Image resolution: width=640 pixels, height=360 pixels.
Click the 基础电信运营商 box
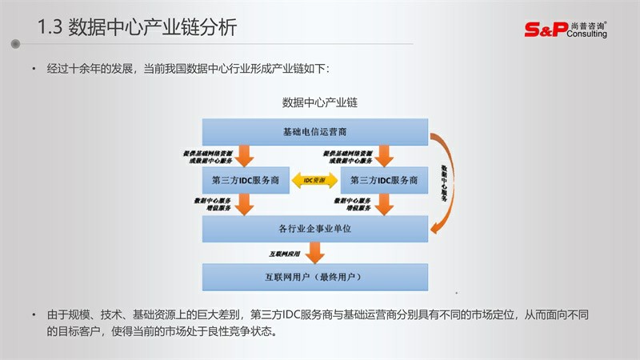[x=314, y=131]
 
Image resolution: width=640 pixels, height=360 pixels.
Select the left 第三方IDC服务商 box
[x=245, y=181]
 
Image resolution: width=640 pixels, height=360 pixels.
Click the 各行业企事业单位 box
[x=314, y=229]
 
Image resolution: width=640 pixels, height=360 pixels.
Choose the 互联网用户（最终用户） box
[x=314, y=277]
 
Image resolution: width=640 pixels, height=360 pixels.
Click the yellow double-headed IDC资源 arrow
[x=314, y=181]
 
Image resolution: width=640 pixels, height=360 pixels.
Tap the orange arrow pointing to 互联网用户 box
[x=316, y=254]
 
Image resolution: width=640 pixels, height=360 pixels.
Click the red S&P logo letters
[x=544, y=30]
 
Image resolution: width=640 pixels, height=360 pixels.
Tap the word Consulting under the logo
[x=589, y=34]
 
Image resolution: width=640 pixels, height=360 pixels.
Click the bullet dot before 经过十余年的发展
[x=34, y=70]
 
